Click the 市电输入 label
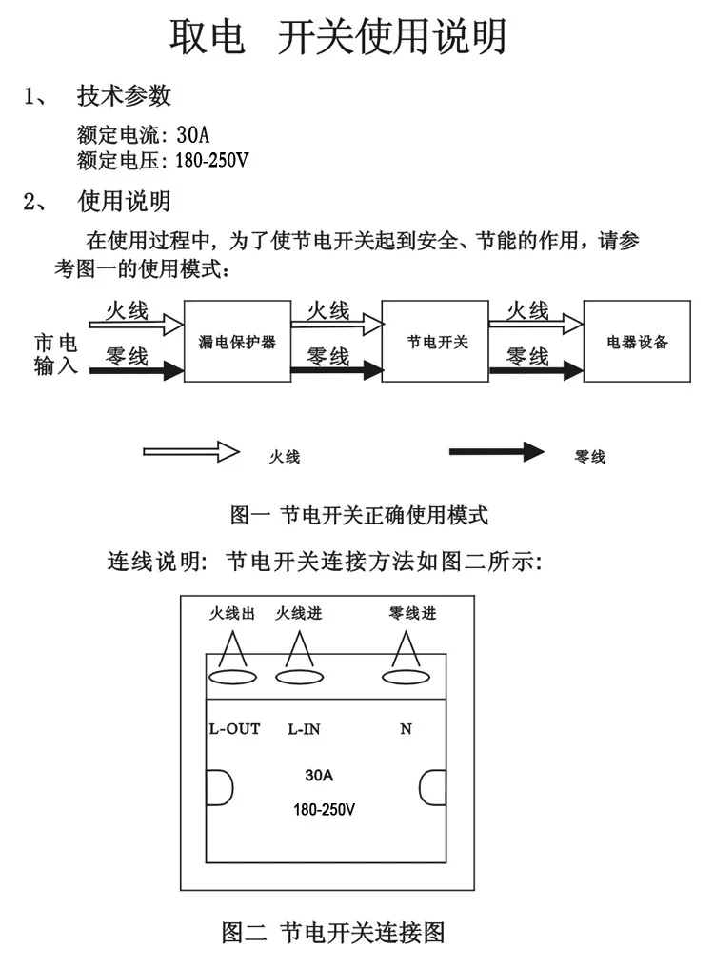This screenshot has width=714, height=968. (x=55, y=354)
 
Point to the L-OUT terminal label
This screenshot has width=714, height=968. (x=235, y=729)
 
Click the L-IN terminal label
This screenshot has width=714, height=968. (x=304, y=729)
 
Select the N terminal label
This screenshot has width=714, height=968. (x=406, y=729)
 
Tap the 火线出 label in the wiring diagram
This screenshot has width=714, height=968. (x=232, y=613)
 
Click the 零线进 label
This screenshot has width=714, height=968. (x=412, y=613)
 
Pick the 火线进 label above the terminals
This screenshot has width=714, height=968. (x=299, y=613)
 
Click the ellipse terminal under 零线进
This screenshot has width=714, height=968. (x=406, y=678)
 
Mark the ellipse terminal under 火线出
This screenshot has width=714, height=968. (x=233, y=678)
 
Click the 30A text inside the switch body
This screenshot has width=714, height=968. (x=319, y=776)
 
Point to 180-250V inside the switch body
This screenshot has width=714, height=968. (x=325, y=809)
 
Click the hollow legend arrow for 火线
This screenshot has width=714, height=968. (x=191, y=452)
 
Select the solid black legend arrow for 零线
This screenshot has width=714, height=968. (x=497, y=452)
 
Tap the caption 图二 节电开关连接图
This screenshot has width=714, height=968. (x=333, y=932)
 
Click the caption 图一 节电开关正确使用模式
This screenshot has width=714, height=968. (x=359, y=515)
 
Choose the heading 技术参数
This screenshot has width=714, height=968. (x=124, y=96)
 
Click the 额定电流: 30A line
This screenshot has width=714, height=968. (x=144, y=134)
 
